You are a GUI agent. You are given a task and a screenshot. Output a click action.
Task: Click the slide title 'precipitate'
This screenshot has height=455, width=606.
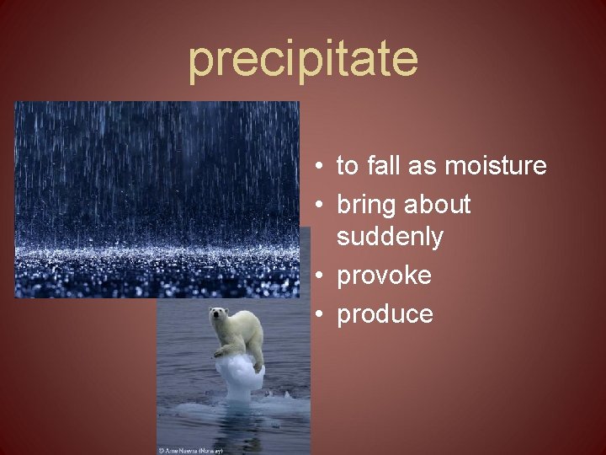[303, 59]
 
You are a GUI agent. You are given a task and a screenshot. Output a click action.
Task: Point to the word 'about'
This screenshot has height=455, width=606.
[438, 205]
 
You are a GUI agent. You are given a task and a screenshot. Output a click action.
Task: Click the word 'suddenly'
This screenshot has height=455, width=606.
[390, 238]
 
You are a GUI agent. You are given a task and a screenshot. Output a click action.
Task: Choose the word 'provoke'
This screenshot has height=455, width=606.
[384, 276]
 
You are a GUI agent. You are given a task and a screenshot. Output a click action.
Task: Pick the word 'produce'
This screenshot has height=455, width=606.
[385, 315]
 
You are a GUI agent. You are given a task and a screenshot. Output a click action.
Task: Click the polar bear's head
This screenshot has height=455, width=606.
[219, 317]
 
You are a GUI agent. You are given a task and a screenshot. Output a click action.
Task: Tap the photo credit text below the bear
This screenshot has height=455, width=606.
[191, 450]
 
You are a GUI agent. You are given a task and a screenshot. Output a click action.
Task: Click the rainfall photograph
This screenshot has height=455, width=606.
[157, 199]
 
